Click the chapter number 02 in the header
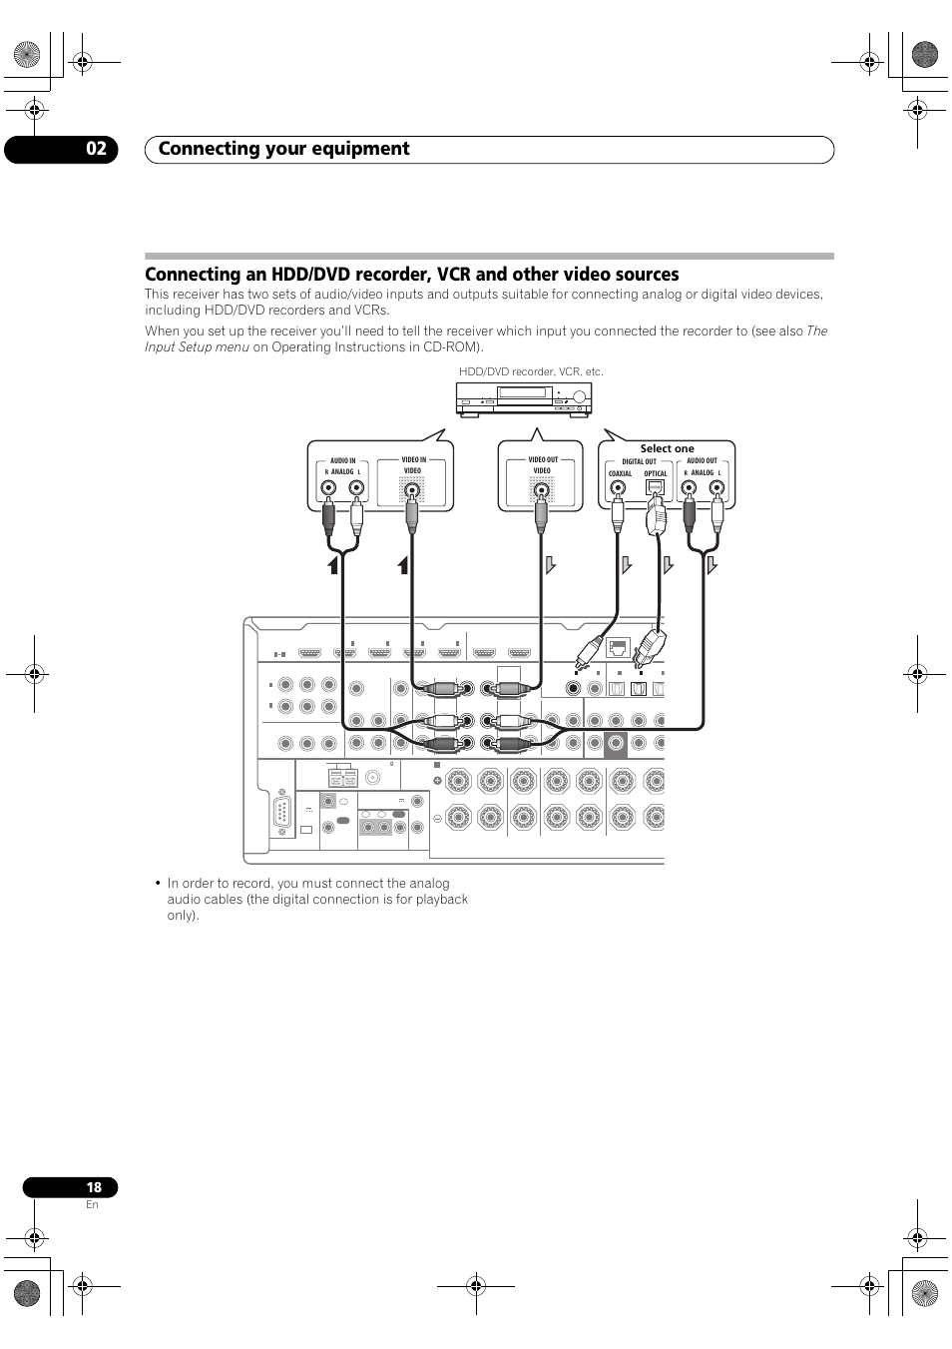[x=96, y=149]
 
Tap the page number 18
[x=94, y=1187]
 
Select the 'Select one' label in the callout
[x=667, y=448]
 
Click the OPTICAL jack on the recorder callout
[x=655, y=488]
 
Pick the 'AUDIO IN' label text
[x=342, y=461]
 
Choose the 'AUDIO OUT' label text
[x=702, y=461]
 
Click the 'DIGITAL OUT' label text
[x=639, y=461]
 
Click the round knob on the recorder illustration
[x=579, y=396]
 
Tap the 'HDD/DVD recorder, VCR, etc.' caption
[x=531, y=372]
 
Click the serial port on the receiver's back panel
[x=282, y=817]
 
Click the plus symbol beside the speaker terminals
[x=437, y=780]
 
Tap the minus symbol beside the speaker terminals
[x=437, y=818]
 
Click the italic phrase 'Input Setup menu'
[x=197, y=347]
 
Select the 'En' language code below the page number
[x=92, y=1204]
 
